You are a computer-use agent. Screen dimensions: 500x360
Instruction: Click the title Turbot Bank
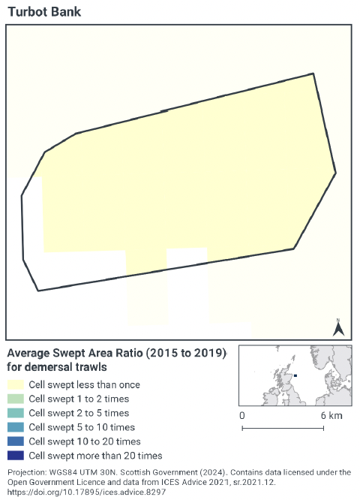(44, 12)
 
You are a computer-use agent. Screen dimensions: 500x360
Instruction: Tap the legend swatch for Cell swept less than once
(15, 385)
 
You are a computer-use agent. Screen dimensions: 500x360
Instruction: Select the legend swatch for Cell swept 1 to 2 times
(15, 399)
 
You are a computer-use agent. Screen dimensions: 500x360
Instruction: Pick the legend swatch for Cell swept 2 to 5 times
(15, 414)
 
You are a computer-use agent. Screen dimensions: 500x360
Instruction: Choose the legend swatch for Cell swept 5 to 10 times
(15, 427)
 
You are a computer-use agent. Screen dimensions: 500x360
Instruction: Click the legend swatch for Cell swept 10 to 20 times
(15, 441)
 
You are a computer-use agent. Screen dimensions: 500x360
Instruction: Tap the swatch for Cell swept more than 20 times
(15, 456)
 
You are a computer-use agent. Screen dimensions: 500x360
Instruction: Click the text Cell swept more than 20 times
(95, 456)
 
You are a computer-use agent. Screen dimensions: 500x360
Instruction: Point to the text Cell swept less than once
(84, 385)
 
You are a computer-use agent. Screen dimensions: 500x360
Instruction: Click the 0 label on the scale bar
(241, 415)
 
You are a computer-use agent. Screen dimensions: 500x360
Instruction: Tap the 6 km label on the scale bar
(331, 415)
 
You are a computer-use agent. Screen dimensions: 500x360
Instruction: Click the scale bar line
(283, 429)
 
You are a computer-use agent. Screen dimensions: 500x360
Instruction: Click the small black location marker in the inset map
(295, 375)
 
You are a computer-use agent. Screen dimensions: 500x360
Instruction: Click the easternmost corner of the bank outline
(335, 173)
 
